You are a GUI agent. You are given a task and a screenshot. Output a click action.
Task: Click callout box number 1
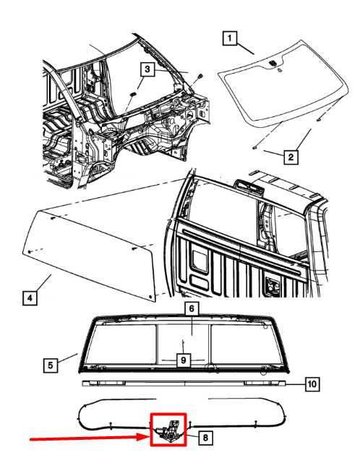coord(228,39)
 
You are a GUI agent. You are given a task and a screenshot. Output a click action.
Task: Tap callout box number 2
coord(291,155)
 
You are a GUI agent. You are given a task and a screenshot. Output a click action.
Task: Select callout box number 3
coord(147,69)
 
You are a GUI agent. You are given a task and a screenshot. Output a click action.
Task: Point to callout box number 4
coord(29,298)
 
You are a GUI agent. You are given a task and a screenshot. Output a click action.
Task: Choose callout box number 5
coord(49,365)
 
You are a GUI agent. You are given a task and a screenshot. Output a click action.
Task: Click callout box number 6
coord(192,309)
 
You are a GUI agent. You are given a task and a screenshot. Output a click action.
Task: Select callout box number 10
coord(311,385)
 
